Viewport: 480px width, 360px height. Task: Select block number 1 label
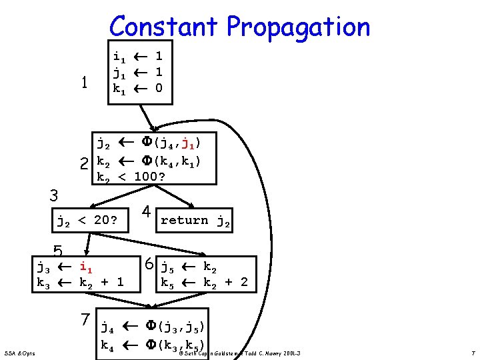click(84, 83)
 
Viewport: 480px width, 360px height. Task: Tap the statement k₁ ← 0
click(138, 88)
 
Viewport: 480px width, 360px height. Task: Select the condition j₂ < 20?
click(87, 220)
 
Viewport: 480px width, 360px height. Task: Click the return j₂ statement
click(195, 221)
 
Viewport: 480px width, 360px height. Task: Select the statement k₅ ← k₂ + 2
click(204, 283)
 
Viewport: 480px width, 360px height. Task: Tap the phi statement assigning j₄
click(153, 328)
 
